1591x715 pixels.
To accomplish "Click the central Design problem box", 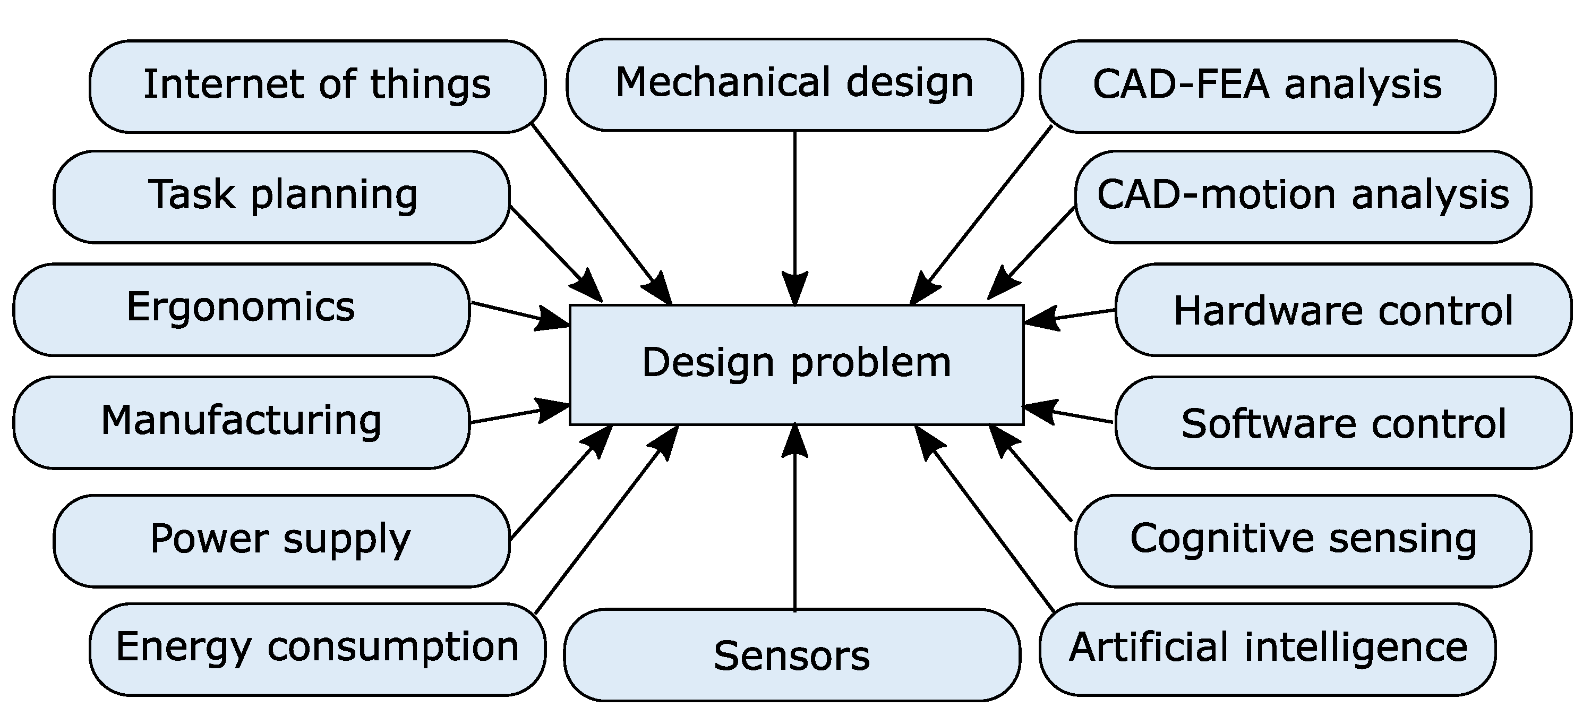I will (x=796, y=364).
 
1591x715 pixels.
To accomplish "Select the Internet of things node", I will (x=317, y=86).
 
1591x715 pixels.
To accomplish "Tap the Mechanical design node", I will (x=794, y=84).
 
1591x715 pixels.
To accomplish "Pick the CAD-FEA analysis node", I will (x=1268, y=86).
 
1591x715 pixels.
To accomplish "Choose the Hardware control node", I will (x=1344, y=310).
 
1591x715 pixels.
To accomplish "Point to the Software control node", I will (x=1344, y=423).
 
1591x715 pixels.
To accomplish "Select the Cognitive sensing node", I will (x=1303, y=540).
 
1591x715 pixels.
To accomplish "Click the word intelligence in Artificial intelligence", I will (x=1355, y=648).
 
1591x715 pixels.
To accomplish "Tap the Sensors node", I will (x=791, y=656).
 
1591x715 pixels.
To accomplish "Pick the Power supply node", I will (x=281, y=540).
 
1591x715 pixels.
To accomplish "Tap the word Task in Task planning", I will (x=192, y=195).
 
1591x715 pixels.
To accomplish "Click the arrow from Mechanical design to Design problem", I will (x=795, y=210).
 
